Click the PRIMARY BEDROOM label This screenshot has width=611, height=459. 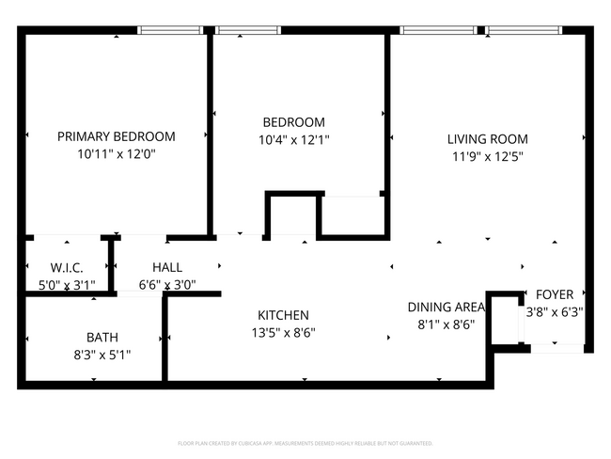point(117,136)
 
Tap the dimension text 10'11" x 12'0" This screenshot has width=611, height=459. point(117,153)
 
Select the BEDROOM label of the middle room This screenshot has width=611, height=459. point(293,122)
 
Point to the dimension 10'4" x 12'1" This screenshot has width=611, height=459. point(293,139)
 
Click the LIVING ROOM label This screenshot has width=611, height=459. point(487,139)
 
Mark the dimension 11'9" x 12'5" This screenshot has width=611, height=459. point(487,156)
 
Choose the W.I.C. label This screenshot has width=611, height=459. point(67,267)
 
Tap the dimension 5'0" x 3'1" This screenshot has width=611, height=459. point(67,284)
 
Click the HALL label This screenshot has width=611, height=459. point(167,267)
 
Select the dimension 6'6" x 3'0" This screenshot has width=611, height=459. point(167,284)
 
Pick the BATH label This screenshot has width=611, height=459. point(102,337)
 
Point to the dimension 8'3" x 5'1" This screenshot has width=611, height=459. point(102,355)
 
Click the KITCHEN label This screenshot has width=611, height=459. point(283,315)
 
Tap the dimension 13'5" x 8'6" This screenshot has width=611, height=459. point(283,332)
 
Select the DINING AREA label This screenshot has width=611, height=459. point(446,308)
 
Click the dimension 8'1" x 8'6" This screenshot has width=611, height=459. point(446,324)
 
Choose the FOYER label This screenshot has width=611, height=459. point(555,294)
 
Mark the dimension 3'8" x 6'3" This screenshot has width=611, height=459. point(555,311)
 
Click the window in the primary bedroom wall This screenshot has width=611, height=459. point(171,31)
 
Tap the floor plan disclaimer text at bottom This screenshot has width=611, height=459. point(305,442)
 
